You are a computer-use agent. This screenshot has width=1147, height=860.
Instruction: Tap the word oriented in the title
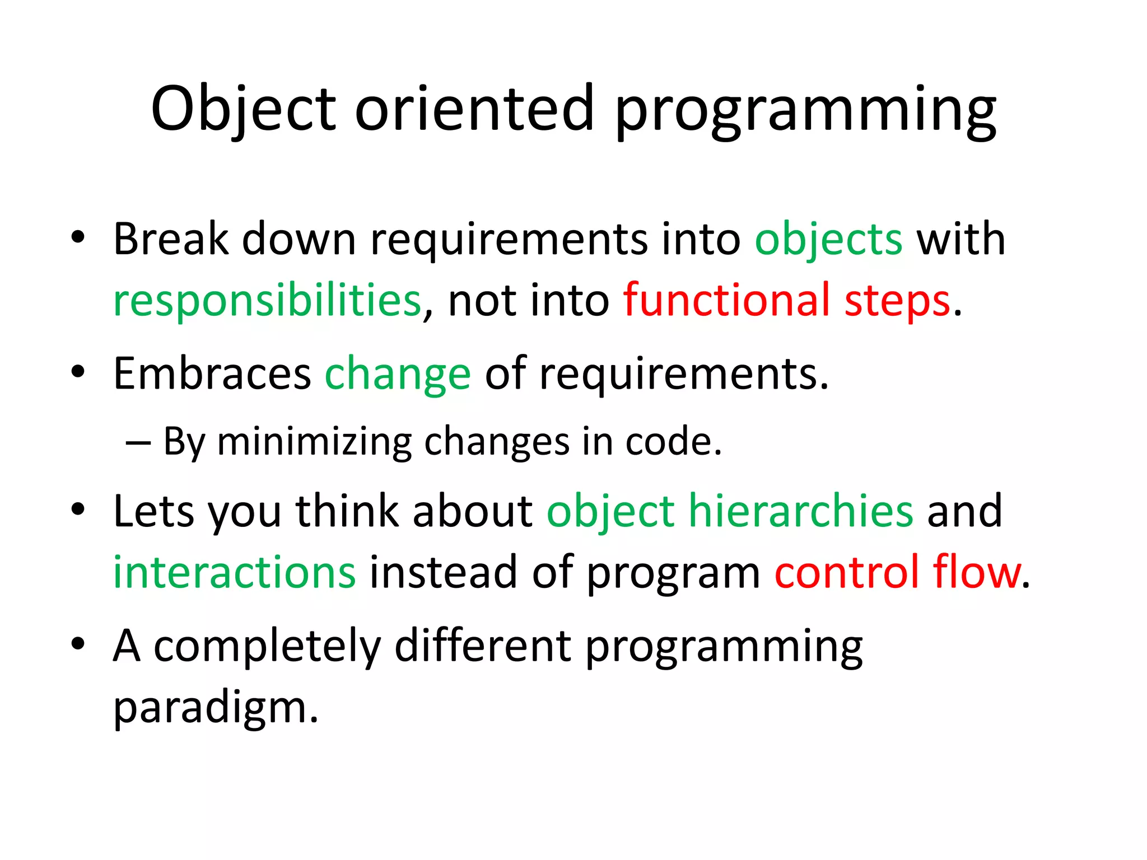coord(474,109)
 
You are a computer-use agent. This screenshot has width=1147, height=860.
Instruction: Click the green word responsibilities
coord(267,301)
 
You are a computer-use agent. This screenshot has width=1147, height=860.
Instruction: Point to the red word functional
coord(728,300)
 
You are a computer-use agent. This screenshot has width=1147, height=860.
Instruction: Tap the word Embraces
coord(212,374)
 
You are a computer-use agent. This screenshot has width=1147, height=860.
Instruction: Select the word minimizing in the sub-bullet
coord(314,443)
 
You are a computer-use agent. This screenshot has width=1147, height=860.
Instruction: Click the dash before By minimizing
coord(138,443)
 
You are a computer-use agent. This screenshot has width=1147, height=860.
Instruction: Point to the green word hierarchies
coord(801,511)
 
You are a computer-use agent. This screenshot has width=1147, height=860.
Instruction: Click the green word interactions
coord(234,573)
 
